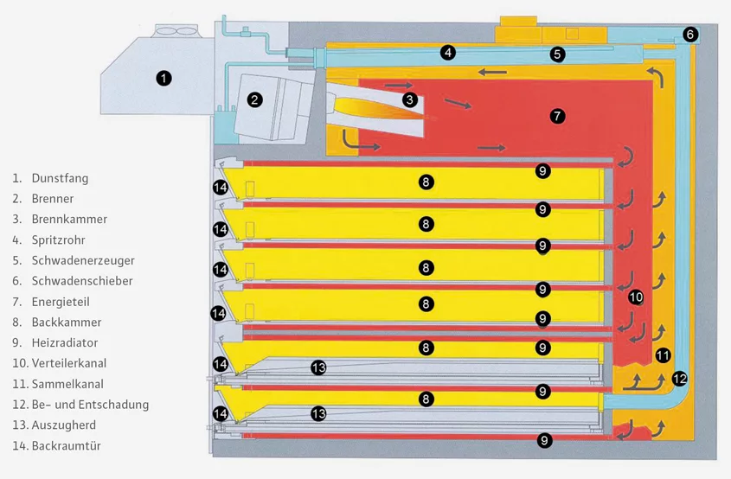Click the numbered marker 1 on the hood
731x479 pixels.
point(164,78)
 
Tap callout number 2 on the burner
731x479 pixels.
point(254,99)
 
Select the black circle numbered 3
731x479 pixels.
point(409,99)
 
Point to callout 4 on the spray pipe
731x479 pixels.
point(447,53)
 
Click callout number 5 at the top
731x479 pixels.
point(558,54)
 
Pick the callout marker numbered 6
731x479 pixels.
point(689,35)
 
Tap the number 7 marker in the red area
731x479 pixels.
point(557,115)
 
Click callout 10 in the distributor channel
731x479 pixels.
point(636,297)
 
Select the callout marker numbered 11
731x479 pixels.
point(663,354)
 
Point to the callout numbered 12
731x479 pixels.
point(679,378)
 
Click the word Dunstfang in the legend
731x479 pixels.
point(60,178)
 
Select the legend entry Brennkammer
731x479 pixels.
point(69,219)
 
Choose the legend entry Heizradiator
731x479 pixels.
point(66,342)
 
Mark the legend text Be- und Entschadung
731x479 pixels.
point(90,404)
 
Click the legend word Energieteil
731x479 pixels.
point(61,302)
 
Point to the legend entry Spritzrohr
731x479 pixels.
point(58,239)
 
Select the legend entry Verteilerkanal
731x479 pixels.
point(68,363)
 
